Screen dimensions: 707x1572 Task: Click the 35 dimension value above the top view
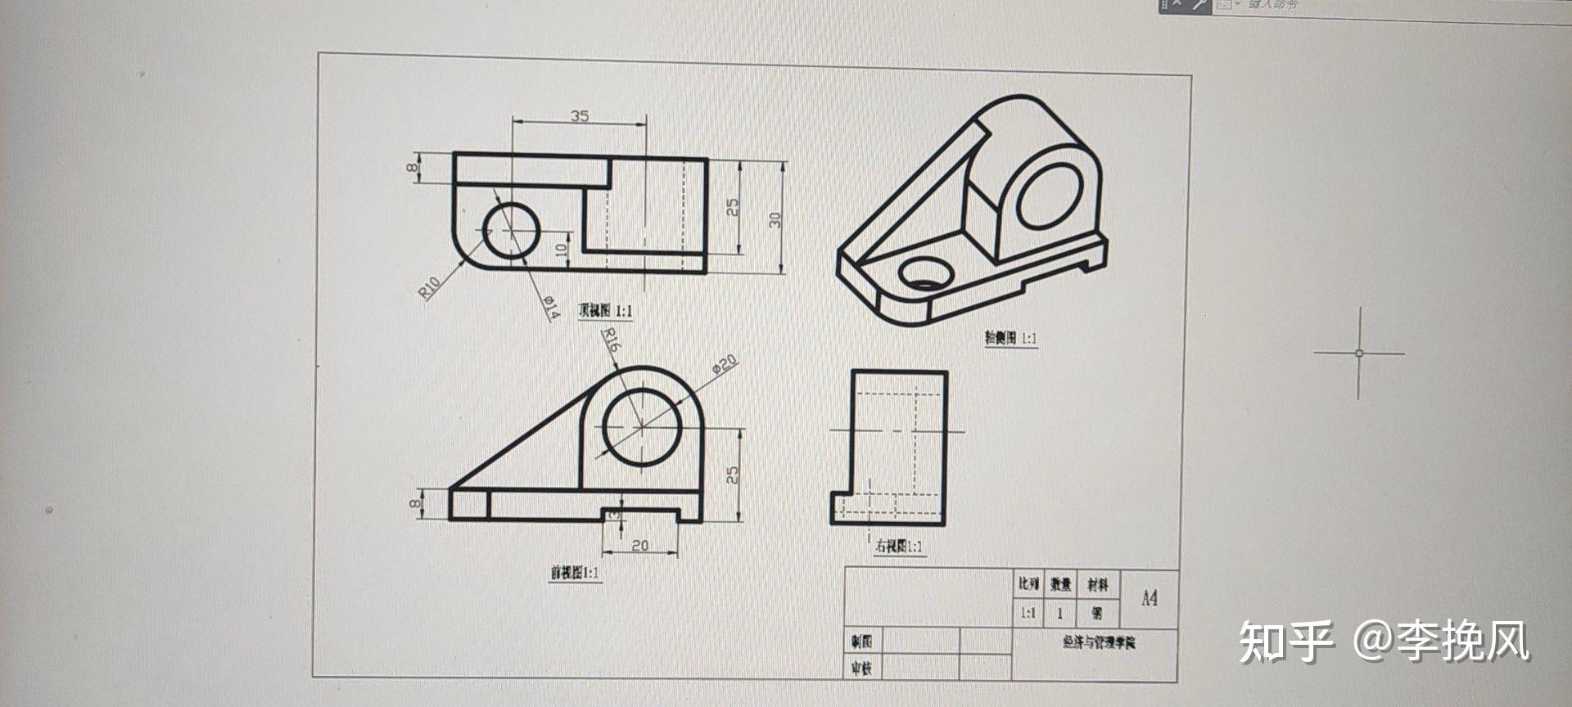click(x=580, y=116)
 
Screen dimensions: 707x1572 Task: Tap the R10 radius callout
click(x=430, y=286)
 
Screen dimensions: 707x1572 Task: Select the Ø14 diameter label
click(x=550, y=307)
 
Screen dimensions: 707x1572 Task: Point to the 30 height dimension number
click(x=775, y=219)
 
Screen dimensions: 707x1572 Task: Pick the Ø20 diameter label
click(x=725, y=364)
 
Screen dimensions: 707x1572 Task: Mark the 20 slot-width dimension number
click(x=640, y=545)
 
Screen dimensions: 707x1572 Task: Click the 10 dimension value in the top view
click(x=562, y=249)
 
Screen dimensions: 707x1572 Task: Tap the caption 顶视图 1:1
click(x=605, y=311)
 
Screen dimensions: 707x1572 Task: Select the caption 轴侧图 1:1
click(x=1010, y=338)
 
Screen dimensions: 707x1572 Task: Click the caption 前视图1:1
click(x=576, y=573)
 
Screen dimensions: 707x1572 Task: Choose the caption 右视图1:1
click(x=899, y=546)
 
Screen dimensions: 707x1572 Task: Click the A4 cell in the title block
click(x=1150, y=598)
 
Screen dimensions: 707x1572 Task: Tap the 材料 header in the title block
click(x=1097, y=584)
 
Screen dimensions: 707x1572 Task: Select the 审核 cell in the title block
click(x=861, y=669)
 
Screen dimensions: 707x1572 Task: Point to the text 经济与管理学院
click(x=1099, y=642)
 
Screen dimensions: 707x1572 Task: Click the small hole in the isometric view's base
click(x=924, y=273)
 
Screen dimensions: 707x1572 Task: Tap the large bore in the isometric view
click(x=1050, y=196)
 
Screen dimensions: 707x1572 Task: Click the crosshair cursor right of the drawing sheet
click(x=1359, y=353)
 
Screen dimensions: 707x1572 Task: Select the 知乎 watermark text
click(x=1285, y=641)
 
